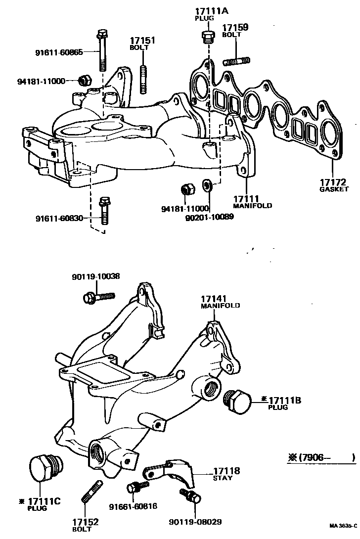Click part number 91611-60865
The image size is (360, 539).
pyautogui.click(x=59, y=51)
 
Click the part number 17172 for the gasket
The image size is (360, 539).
pyautogui.click(x=332, y=181)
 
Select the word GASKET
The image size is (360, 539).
pyautogui.click(x=334, y=189)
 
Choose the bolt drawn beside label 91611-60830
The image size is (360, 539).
pyautogui.click(x=104, y=211)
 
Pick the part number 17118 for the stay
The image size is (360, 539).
pyautogui.click(x=226, y=471)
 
